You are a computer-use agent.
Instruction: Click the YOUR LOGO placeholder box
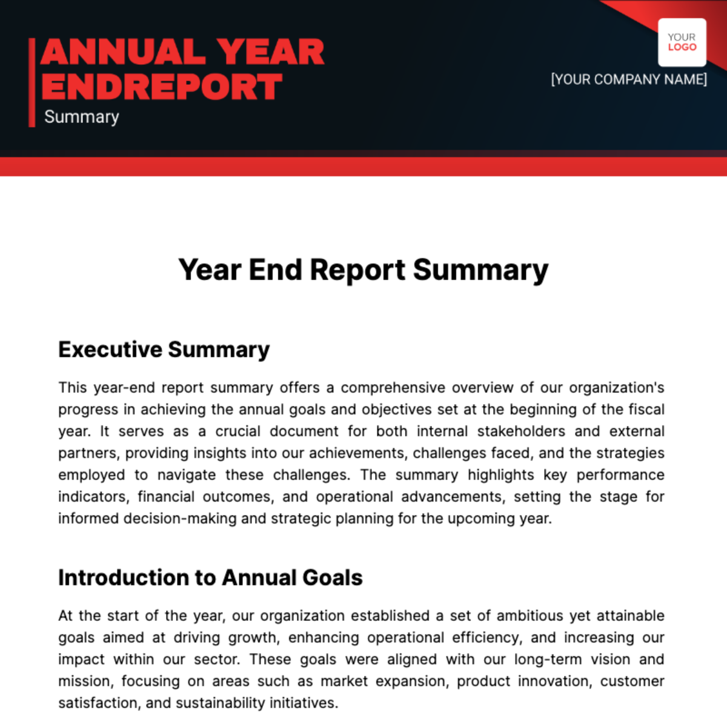click(x=682, y=42)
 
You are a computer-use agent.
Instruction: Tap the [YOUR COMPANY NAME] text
click(x=629, y=79)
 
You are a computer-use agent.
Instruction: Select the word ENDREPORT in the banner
click(x=162, y=86)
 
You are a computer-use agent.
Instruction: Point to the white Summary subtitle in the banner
click(x=82, y=117)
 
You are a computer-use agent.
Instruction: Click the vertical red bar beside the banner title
click(x=32, y=82)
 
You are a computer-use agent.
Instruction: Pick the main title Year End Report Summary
click(x=363, y=270)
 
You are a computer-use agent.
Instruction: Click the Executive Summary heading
click(x=164, y=350)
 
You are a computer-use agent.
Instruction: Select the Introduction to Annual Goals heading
click(x=210, y=577)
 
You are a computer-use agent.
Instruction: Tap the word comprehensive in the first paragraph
click(x=393, y=388)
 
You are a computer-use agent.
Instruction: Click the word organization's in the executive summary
click(x=617, y=388)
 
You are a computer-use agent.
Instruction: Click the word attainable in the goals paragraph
click(x=631, y=616)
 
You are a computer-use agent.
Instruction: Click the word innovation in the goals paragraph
click(x=554, y=681)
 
